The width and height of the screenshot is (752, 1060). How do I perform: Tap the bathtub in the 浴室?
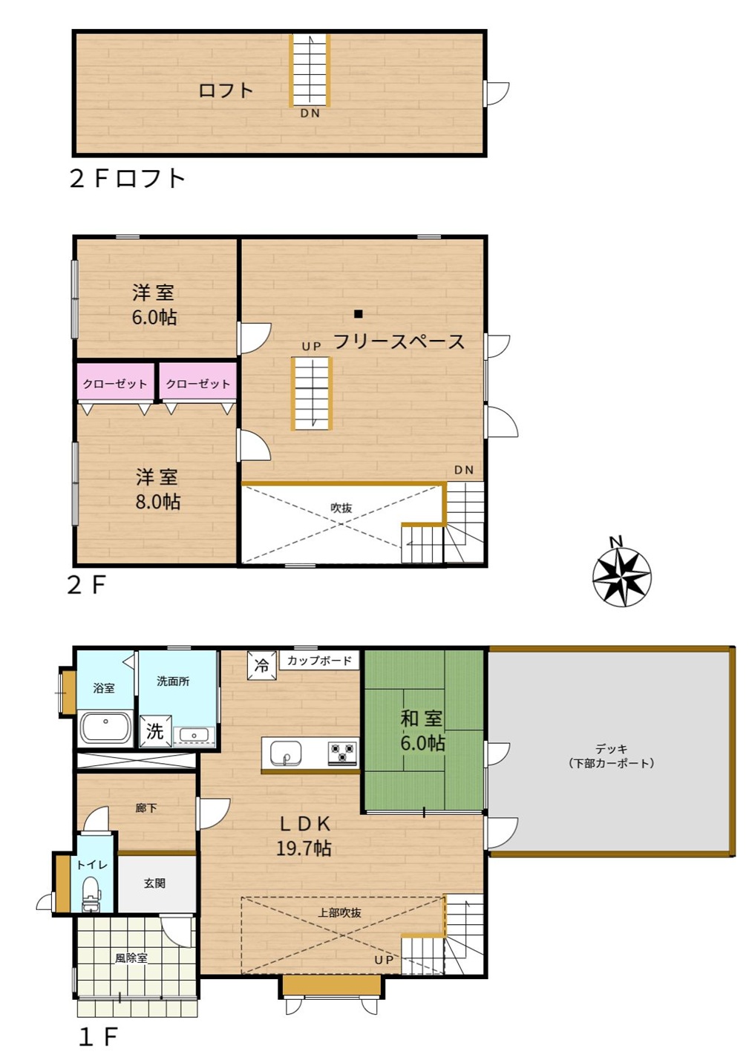pyautogui.click(x=105, y=728)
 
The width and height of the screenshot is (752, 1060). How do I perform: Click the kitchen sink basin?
pyautogui.click(x=285, y=753)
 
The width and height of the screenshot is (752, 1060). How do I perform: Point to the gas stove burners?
pyautogui.click(x=343, y=753)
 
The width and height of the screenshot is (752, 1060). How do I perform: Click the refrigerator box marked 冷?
pyautogui.click(x=262, y=665)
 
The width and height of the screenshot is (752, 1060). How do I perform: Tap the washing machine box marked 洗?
pyautogui.click(x=154, y=731)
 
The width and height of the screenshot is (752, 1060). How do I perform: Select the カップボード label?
pyautogui.click(x=319, y=660)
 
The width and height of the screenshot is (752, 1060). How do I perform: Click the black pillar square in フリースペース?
pyautogui.click(x=359, y=313)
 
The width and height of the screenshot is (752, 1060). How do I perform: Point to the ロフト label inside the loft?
pyautogui.click(x=226, y=90)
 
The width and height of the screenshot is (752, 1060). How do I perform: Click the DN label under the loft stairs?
pyautogui.click(x=310, y=114)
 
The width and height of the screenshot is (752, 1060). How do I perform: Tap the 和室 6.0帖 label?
pyautogui.click(x=422, y=730)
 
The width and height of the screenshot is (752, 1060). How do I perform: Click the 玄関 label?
pyautogui.click(x=154, y=883)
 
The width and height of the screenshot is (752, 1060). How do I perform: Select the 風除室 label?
pyautogui.click(x=131, y=958)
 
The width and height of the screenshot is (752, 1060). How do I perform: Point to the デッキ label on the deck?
pyautogui.click(x=612, y=749)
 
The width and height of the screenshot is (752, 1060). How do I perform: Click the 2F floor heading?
pyautogui.click(x=87, y=586)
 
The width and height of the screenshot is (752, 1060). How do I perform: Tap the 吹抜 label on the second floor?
pyautogui.click(x=341, y=508)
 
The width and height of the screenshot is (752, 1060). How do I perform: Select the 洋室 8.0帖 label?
pyautogui.click(x=157, y=489)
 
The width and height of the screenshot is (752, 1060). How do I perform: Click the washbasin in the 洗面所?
pyautogui.click(x=194, y=735)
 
